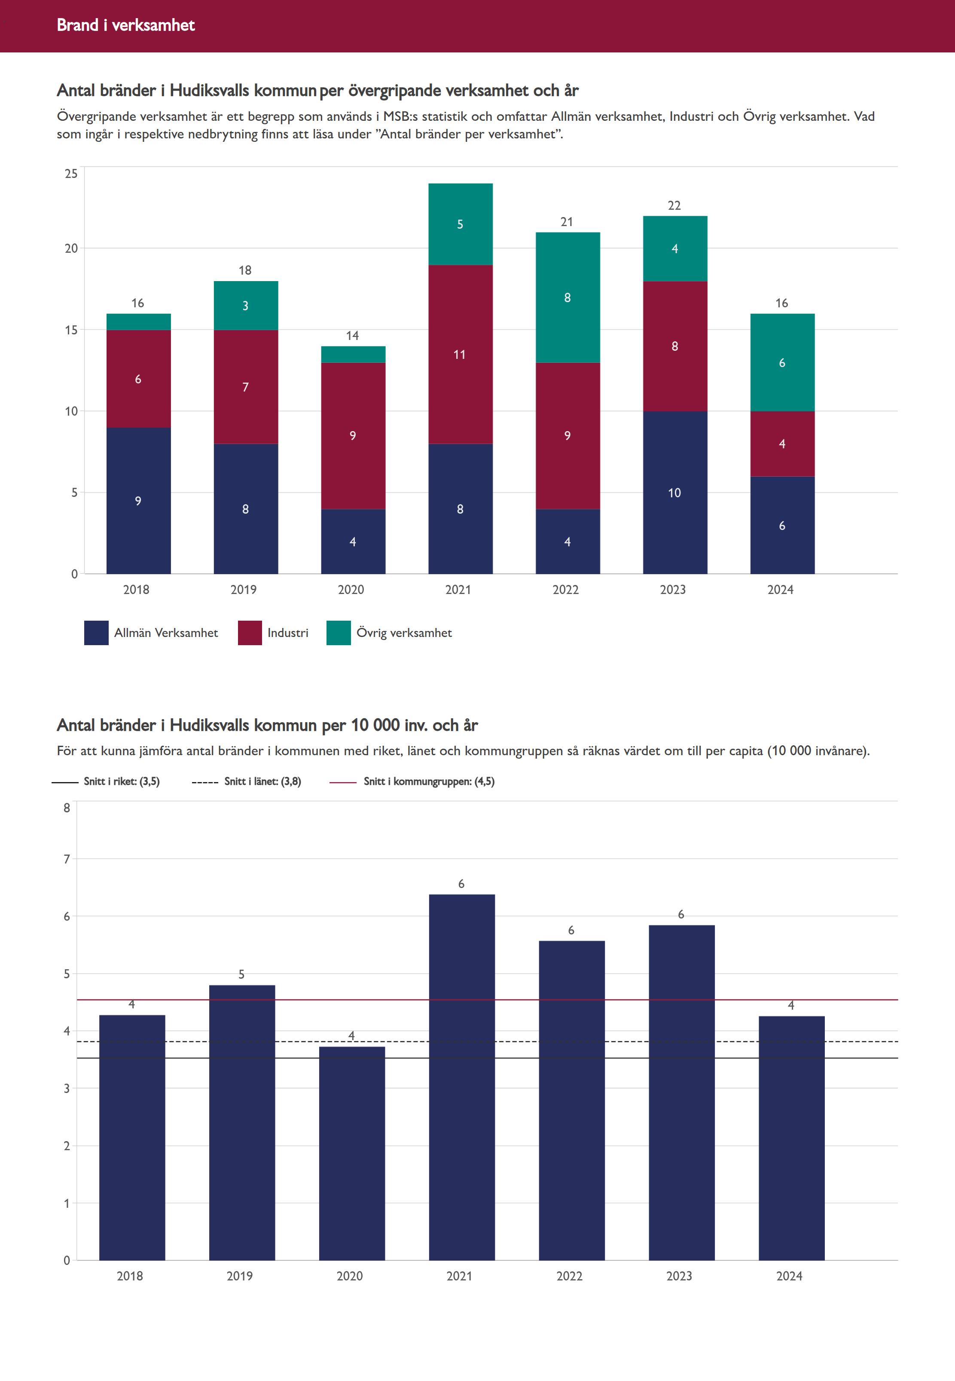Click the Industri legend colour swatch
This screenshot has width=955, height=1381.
point(250,633)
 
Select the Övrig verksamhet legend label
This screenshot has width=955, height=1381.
point(404,633)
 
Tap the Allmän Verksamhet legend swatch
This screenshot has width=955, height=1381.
point(96,633)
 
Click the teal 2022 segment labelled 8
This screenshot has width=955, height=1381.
point(567,297)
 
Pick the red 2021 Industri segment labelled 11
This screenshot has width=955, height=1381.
point(460,354)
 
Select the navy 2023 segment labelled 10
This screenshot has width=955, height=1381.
point(675,493)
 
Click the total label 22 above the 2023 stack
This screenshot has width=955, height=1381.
point(674,205)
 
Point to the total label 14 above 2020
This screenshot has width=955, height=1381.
point(352,336)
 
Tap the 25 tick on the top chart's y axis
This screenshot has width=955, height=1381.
point(71,174)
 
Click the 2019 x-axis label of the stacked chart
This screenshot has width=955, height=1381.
point(244,590)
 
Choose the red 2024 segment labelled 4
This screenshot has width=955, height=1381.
point(782,444)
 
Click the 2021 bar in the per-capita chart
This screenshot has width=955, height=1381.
point(461,1078)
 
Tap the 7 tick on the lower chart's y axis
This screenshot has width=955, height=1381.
point(67,859)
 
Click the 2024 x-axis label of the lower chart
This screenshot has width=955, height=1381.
point(789,1276)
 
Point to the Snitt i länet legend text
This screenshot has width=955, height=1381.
point(262,781)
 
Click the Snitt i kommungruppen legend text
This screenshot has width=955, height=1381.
point(429,781)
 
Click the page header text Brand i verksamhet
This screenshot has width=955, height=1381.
point(125,25)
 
